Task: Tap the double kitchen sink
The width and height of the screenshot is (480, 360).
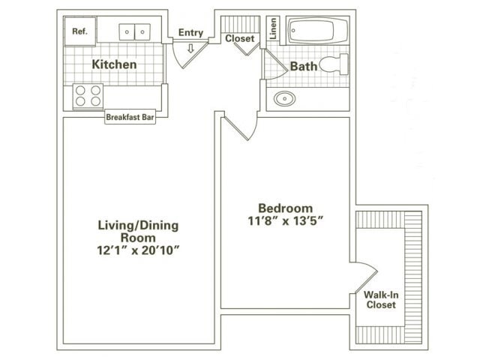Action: coord(135,31)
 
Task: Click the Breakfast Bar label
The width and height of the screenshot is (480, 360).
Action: coord(130,117)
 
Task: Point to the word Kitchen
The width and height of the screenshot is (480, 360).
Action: coord(114,64)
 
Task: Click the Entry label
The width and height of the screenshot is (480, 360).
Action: coord(190,32)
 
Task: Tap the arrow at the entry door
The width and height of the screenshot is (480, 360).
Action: coord(190,49)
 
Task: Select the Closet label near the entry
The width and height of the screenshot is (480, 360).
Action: coord(240,37)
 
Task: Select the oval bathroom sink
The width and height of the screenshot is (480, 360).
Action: coord(285,98)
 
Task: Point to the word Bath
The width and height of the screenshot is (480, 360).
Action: coord(304,66)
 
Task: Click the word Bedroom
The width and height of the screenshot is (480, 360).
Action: coord(286,208)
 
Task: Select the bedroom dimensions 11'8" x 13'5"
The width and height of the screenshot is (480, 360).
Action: coord(286,221)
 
